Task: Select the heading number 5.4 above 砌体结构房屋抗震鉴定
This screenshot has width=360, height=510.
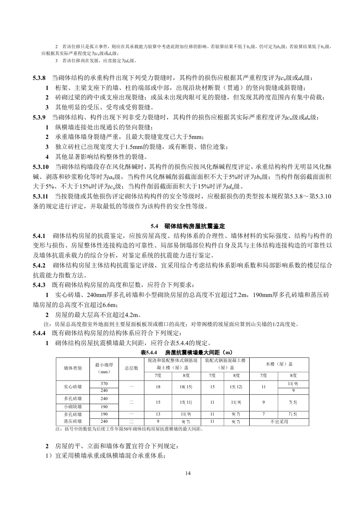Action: click(x=153, y=226)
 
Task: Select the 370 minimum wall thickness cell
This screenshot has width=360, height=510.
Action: click(x=104, y=384)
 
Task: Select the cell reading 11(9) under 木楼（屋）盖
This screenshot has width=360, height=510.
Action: click(x=294, y=384)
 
